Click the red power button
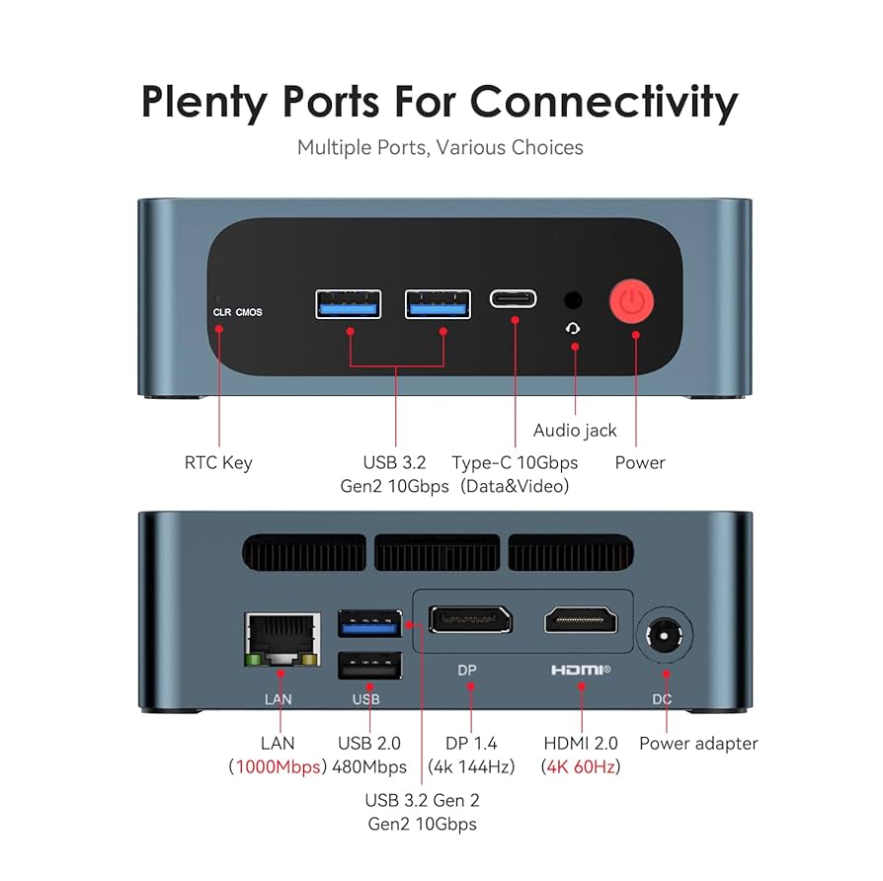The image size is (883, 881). (x=634, y=301)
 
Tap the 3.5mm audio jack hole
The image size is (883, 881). (x=572, y=300)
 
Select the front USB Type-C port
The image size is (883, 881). (x=514, y=299)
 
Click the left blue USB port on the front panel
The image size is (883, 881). (x=349, y=304)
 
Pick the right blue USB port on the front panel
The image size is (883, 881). (x=438, y=304)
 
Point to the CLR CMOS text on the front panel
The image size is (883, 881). (x=237, y=312)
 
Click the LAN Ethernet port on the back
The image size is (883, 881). (x=281, y=640)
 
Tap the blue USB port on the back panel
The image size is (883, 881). (x=369, y=624)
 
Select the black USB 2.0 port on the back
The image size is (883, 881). (x=369, y=667)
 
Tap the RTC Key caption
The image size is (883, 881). (x=218, y=462)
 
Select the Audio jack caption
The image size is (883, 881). (x=575, y=430)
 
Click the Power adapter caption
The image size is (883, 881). (x=698, y=743)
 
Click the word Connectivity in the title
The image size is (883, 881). (x=603, y=102)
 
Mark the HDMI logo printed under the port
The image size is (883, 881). (x=581, y=671)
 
